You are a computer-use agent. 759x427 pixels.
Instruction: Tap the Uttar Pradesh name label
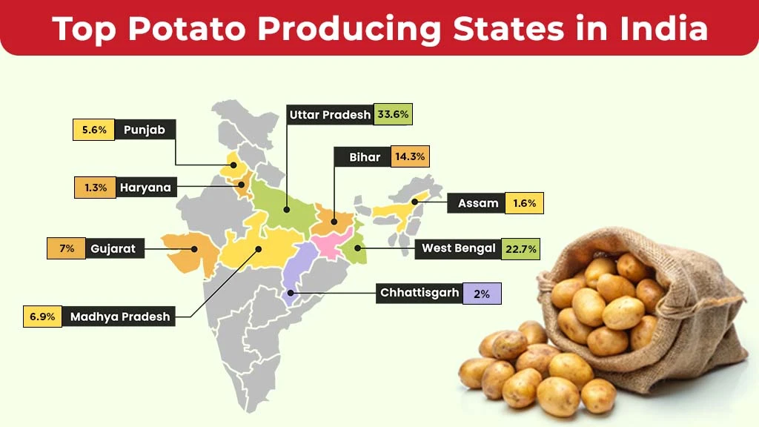[329, 114]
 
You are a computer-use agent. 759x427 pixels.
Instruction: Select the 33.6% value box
[392, 114]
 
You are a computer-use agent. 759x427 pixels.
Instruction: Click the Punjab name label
[144, 130]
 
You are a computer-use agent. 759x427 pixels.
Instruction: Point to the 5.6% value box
[94, 130]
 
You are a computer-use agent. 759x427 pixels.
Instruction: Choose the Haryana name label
[145, 188]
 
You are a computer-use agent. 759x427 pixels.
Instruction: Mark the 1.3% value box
[96, 188]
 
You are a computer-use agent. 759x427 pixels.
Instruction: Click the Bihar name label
[365, 157]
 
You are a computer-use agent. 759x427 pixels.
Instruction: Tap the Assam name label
[477, 203]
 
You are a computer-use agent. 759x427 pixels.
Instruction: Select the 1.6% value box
[524, 203]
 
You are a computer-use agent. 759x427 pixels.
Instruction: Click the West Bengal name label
[458, 248]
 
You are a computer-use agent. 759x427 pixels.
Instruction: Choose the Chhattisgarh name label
[420, 293]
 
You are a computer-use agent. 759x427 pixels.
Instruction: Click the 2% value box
[482, 294]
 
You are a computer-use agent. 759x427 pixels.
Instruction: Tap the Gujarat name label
[113, 248]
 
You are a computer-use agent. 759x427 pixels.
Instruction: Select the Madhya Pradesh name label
[119, 317]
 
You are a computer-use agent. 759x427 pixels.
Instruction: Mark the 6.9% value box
[42, 317]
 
